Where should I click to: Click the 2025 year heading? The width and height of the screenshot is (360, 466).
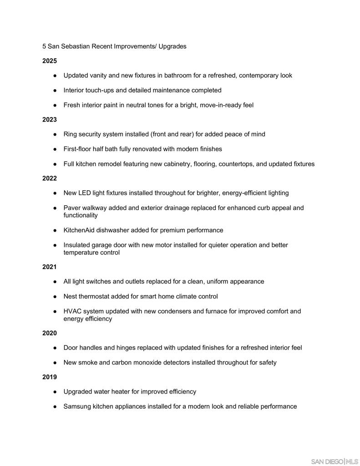pos(50,61)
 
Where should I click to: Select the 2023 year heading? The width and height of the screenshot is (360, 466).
pos(50,120)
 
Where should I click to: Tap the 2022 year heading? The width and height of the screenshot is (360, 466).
pos(50,178)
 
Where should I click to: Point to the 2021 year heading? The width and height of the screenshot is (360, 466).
pos(50,267)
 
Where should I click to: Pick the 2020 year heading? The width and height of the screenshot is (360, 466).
pos(50,333)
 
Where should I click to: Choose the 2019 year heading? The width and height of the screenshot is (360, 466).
pos(50,377)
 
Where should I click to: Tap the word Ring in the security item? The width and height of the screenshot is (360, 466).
pos(70,134)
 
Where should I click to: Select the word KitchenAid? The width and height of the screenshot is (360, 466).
pos(79,230)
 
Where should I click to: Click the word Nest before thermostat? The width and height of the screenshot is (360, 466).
pos(71,297)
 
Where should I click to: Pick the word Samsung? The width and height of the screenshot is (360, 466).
pos(77,406)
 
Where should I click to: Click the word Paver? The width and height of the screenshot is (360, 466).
pos(72,208)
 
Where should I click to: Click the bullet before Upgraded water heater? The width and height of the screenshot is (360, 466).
pos(55,392)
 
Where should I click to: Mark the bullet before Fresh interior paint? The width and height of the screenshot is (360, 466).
pos(55,105)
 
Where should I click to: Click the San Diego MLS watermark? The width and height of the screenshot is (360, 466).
pos(335,461)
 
